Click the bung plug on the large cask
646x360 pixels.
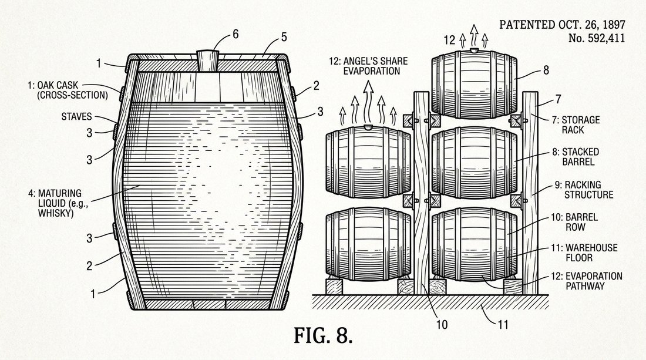(207, 61)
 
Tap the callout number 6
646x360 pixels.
(235, 34)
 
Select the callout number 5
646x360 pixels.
(284, 37)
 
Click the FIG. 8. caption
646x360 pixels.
(323, 335)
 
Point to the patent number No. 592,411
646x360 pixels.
(597, 38)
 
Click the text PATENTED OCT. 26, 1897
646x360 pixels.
(563, 25)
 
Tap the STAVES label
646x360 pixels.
(76, 116)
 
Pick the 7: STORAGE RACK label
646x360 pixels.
(576, 125)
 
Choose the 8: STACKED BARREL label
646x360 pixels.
(576, 157)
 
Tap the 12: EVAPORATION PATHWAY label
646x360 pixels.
(587, 281)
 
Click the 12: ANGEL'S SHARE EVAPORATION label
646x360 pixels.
(368, 66)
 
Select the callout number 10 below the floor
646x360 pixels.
(442, 325)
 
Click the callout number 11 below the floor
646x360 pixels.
(503, 325)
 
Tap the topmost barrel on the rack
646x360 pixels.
(474, 84)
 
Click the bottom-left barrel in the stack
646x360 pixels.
(368, 244)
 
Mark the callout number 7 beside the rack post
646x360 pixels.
(558, 99)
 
